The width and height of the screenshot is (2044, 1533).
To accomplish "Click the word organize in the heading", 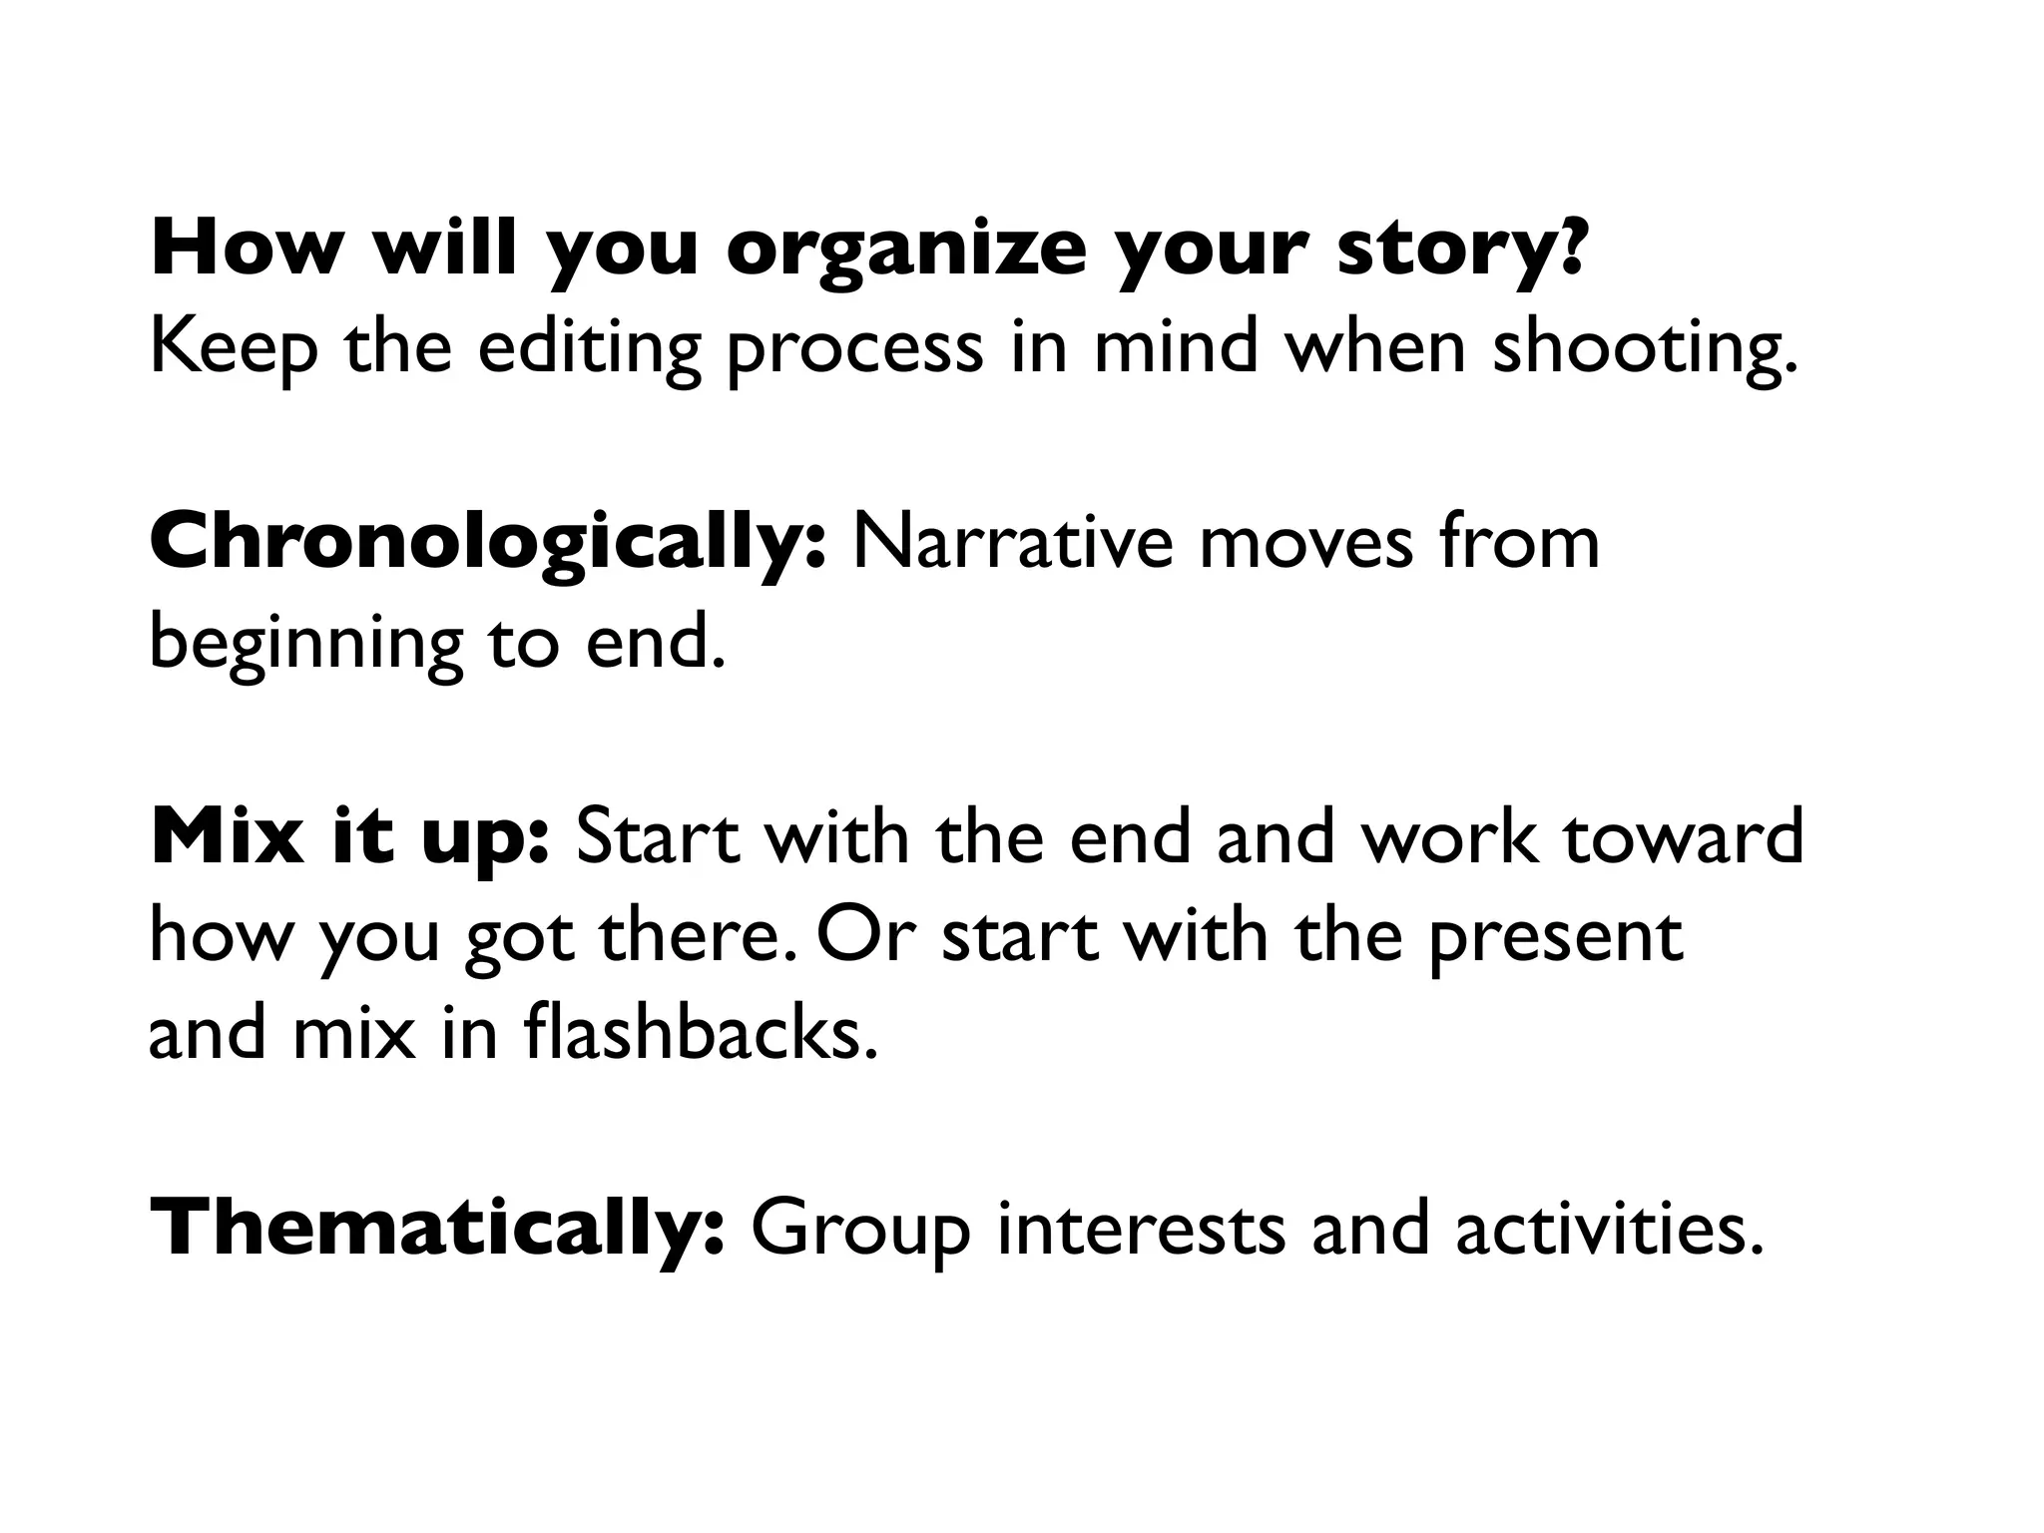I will [x=904, y=251].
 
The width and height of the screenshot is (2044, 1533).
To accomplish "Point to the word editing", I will [x=589, y=348].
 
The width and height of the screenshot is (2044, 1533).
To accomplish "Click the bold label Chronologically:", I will [x=488, y=544].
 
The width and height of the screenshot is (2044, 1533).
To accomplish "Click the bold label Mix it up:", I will [x=349, y=838].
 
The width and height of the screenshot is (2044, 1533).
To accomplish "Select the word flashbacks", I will [x=700, y=1033].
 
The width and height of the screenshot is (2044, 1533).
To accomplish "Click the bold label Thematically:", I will [x=437, y=1229].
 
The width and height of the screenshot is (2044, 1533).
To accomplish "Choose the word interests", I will [x=1141, y=1229].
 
